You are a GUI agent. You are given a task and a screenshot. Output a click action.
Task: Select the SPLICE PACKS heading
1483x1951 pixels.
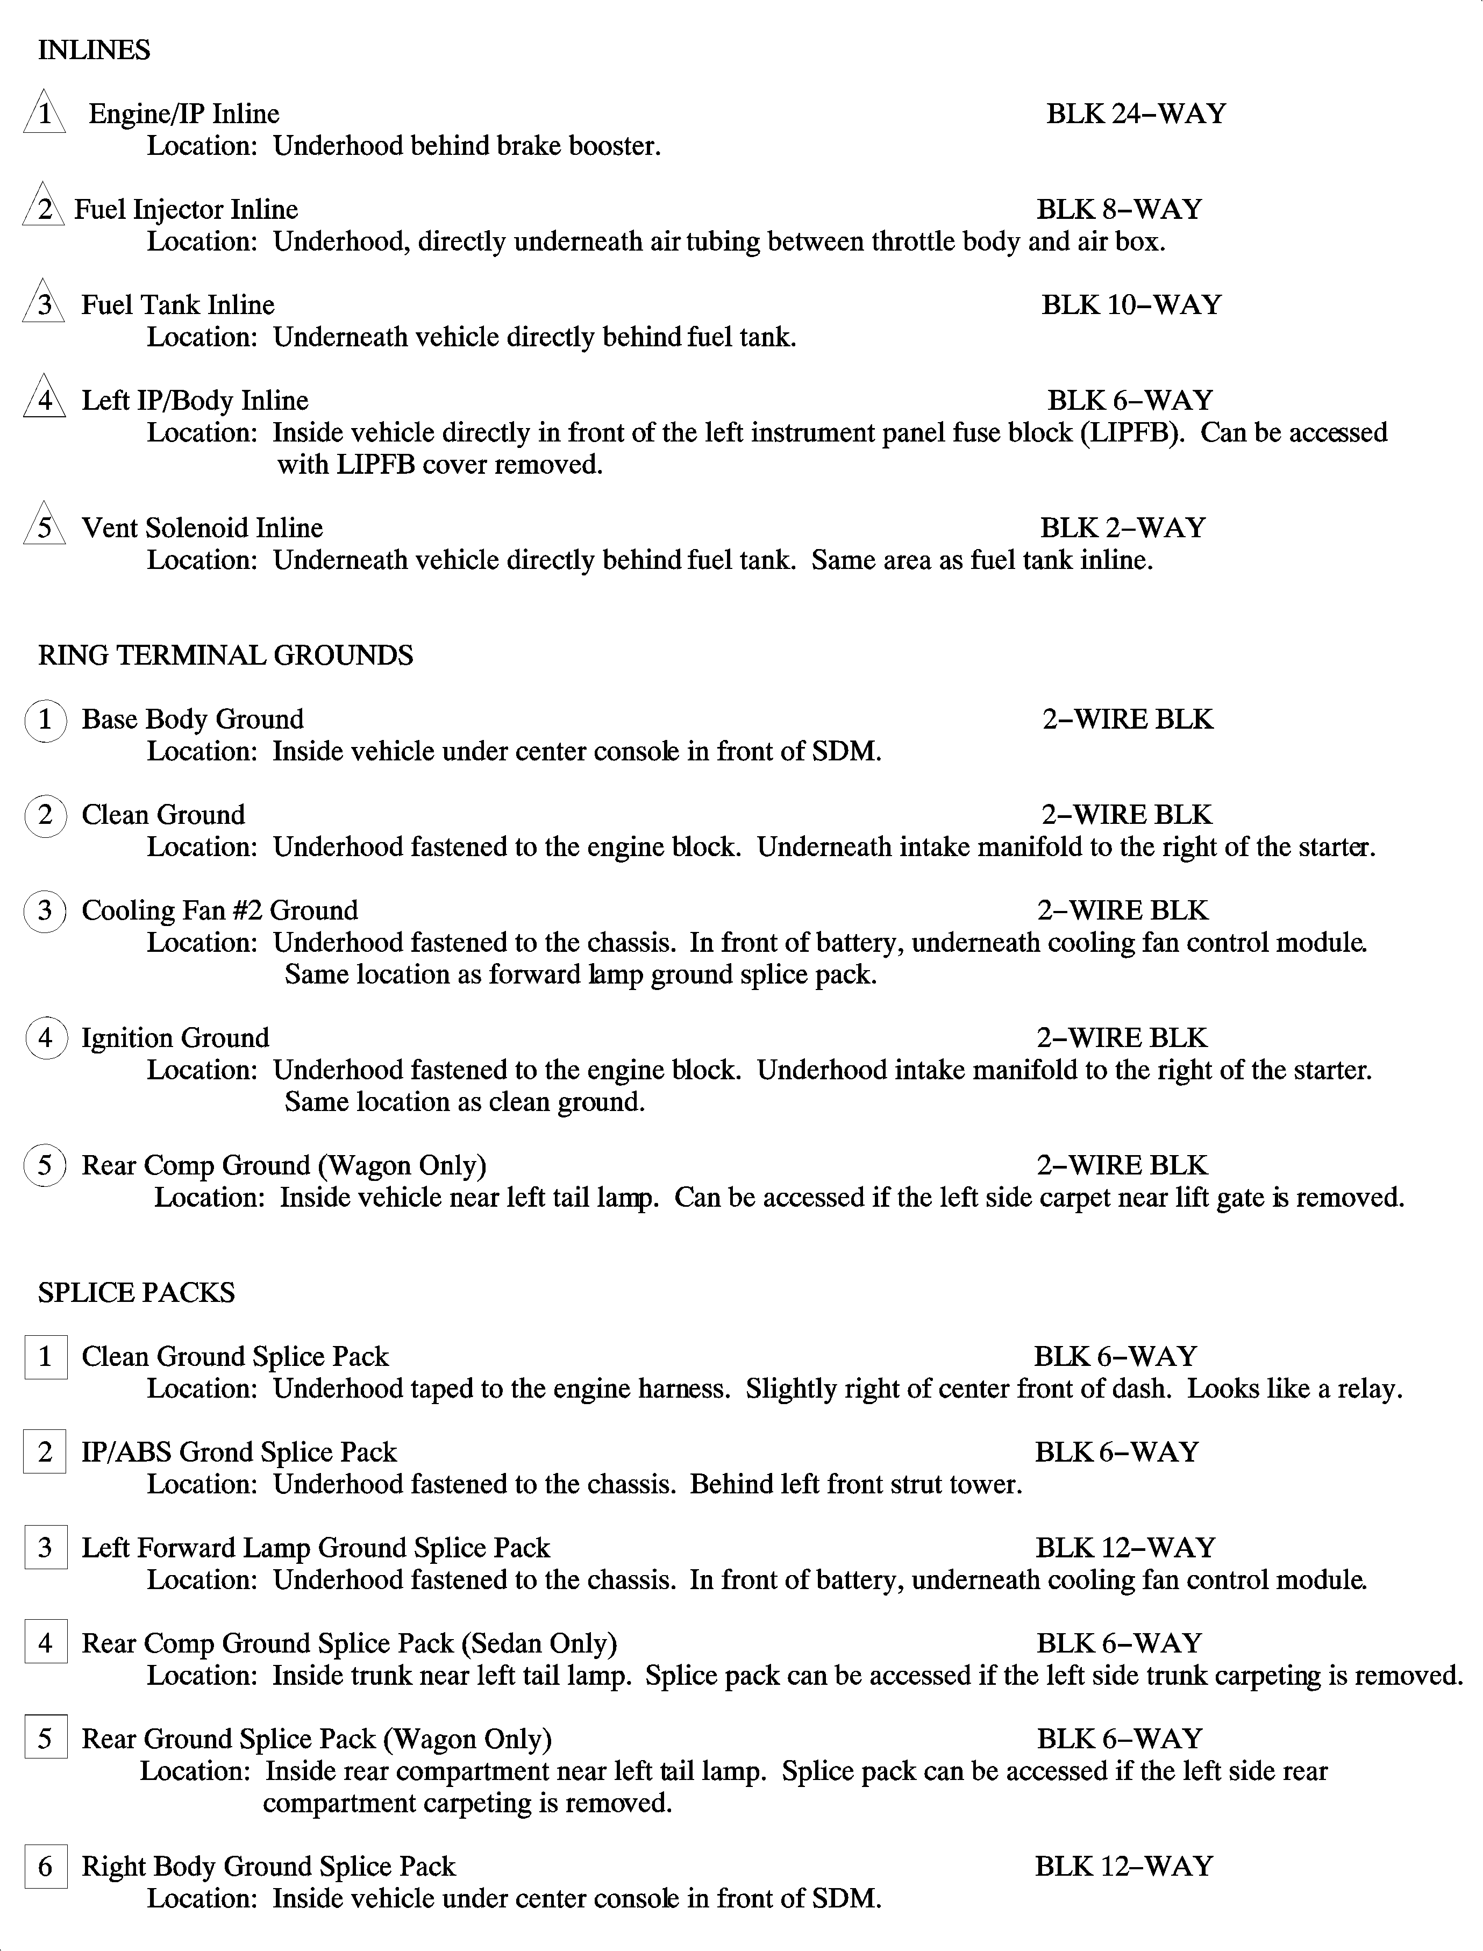pyautogui.click(x=136, y=1292)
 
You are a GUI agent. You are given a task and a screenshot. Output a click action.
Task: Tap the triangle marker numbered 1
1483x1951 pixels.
pyautogui.click(x=44, y=115)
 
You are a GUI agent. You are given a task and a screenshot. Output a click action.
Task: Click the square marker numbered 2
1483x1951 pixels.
pyautogui.click(x=46, y=1452)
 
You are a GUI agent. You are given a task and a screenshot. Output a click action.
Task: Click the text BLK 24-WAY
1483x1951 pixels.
pyautogui.click(x=1136, y=114)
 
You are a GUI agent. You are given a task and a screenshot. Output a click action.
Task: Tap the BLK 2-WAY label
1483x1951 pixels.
pyautogui.click(x=1122, y=528)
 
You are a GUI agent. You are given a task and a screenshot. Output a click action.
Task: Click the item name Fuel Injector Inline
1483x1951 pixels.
pyautogui.click(x=186, y=209)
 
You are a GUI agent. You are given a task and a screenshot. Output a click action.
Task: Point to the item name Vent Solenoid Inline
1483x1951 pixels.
pyautogui.click(x=202, y=528)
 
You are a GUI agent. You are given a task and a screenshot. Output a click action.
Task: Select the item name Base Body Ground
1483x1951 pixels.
pyautogui.click(x=192, y=720)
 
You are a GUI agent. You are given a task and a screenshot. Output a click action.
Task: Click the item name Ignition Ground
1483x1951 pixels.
pyautogui.click(x=176, y=1038)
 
